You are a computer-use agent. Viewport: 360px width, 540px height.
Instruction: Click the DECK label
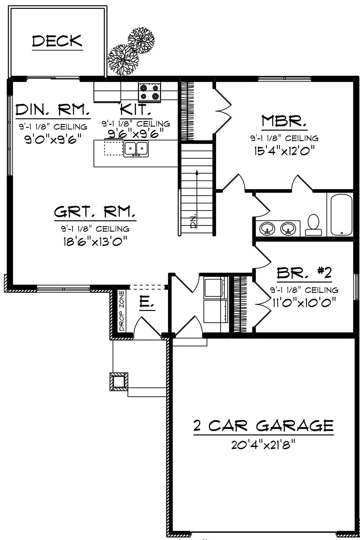pyautogui.click(x=57, y=41)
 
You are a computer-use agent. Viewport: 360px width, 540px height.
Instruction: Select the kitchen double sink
pyautogui.click(x=136, y=149)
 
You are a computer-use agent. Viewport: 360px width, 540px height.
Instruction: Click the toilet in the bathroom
pyautogui.click(x=313, y=225)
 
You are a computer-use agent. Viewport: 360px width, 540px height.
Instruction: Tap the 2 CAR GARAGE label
pyautogui.click(x=263, y=425)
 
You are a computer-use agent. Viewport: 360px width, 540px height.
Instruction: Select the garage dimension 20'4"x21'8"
pyautogui.click(x=262, y=445)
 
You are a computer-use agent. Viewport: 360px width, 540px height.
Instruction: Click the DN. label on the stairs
pyautogui.click(x=194, y=221)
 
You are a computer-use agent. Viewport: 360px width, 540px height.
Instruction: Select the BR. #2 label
pyautogui.click(x=304, y=273)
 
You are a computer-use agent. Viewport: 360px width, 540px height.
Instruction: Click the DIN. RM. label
pyautogui.click(x=53, y=110)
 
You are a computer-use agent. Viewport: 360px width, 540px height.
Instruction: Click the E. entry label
pyautogui.click(x=147, y=303)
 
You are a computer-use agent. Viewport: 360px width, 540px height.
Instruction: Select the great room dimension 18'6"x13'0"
pyautogui.click(x=95, y=241)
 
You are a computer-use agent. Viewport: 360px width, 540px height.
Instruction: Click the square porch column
pyautogui.click(x=118, y=382)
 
